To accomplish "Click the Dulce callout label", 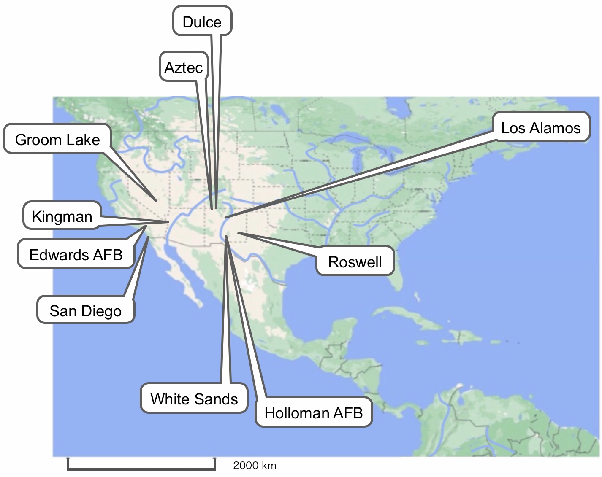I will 202,22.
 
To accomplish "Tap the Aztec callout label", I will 184,67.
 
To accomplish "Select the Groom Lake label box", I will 57,139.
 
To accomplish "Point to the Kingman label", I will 62,216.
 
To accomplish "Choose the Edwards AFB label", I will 76,254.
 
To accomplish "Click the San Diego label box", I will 86,310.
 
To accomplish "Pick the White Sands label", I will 194,399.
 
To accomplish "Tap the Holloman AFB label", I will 314,412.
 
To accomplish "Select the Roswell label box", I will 355,261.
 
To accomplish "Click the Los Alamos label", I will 541,127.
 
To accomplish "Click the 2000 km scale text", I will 255,465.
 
